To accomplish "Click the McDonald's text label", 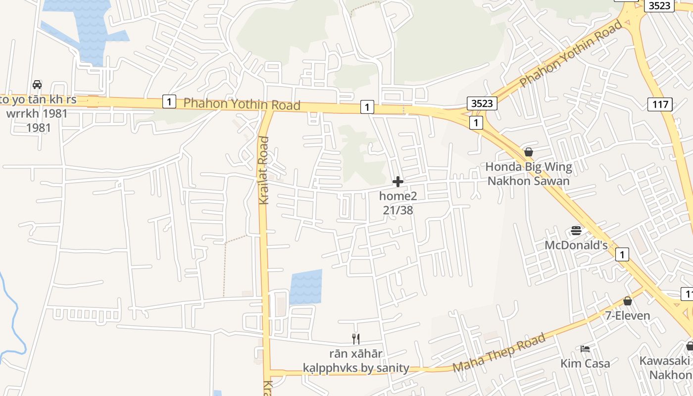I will point(576,245).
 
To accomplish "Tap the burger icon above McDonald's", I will point(576,230).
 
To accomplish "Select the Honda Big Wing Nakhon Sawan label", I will point(528,174).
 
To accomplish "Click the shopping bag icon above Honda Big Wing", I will point(528,152).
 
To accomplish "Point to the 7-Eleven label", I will point(628,315).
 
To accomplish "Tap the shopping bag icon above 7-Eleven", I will point(628,301).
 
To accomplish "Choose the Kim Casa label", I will point(585,363).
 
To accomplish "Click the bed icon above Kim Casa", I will point(585,348).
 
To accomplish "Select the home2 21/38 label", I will point(398,203).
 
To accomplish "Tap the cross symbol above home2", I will point(398,182).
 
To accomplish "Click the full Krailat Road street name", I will point(264,170).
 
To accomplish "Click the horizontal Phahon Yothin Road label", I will point(242,104).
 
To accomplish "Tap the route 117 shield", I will point(660,104).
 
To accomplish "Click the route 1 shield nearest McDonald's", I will point(622,254).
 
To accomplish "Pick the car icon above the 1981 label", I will point(37,85).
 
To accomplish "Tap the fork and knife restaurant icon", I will point(355,339).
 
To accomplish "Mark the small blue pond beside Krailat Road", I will point(306,287).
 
